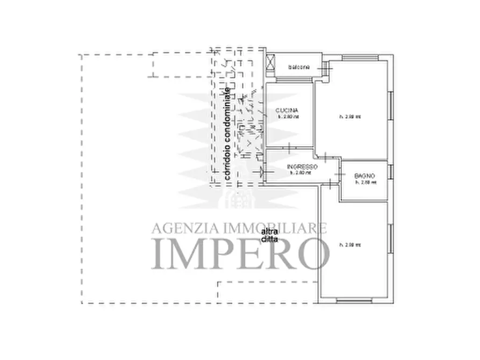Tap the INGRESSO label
click(302, 167)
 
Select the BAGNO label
click(364, 176)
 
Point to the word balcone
click(299, 67)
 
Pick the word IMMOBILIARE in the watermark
click(271, 228)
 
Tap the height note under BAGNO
click(366, 182)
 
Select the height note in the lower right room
click(350, 245)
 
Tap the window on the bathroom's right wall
click(391, 172)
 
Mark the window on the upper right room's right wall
click(391, 111)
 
